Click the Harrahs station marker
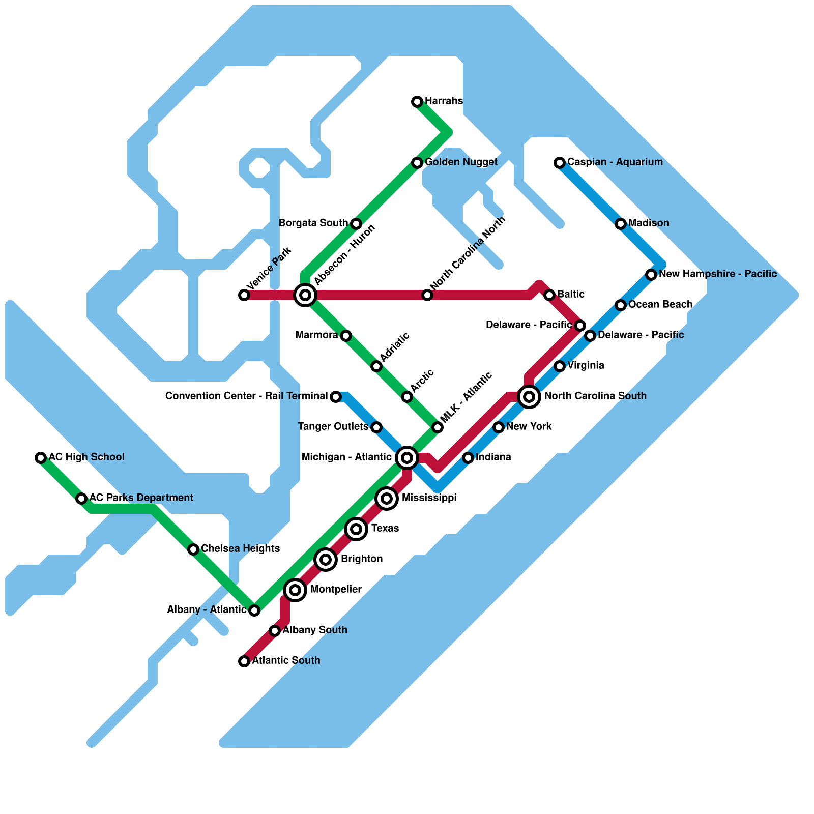pyautogui.click(x=417, y=102)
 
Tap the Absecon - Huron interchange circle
pyautogui.click(x=305, y=295)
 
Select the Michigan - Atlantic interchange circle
pyautogui.click(x=407, y=458)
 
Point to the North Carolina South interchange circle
pyautogui.click(x=529, y=397)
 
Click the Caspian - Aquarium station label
pyautogui.click(x=615, y=162)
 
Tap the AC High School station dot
pyautogui.click(x=41, y=458)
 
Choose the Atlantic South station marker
pyautogui.click(x=244, y=661)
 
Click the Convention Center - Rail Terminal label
pyautogui.click(x=246, y=396)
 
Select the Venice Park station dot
pyautogui.click(x=244, y=295)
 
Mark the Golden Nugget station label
pyautogui.click(x=461, y=162)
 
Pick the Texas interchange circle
pyautogui.click(x=356, y=529)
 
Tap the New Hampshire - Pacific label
pyautogui.click(x=717, y=274)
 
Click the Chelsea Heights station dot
pyautogui.click(x=193, y=549)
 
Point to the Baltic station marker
pyautogui.click(x=549, y=295)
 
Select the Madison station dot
pyautogui.click(x=621, y=224)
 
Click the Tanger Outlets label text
pyautogui.click(x=333, y=427)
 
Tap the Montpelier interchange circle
pyautogui.click(x=295, y=590)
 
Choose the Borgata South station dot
pyautogui.click(x=356, y=224)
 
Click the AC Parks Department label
pyautogui.click(x=141, y=498)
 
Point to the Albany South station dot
pyautogui.click(x=275, y=631)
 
